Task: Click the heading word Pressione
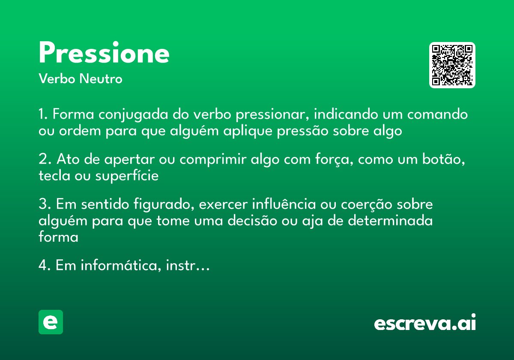pos(104,54)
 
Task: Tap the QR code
pos(452,65)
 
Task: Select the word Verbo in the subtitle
pos(57,79)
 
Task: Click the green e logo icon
pos(51,322)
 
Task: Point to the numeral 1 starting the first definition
pos(42,115)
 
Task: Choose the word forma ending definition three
pos(58,237)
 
